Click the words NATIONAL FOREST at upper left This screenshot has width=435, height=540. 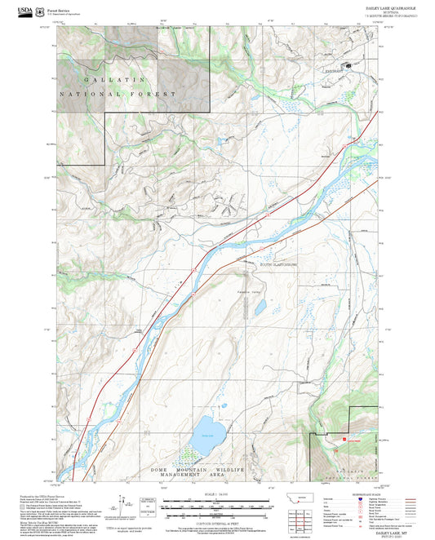point(131,95)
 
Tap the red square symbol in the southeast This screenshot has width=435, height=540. point(335,444)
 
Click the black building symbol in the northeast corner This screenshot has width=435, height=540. point(350,64)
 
